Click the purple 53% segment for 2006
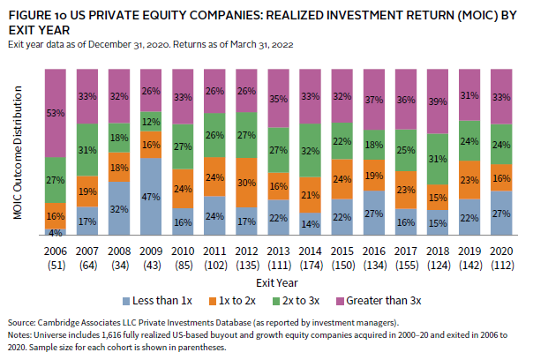56,113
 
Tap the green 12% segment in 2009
152,122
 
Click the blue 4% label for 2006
56,233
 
